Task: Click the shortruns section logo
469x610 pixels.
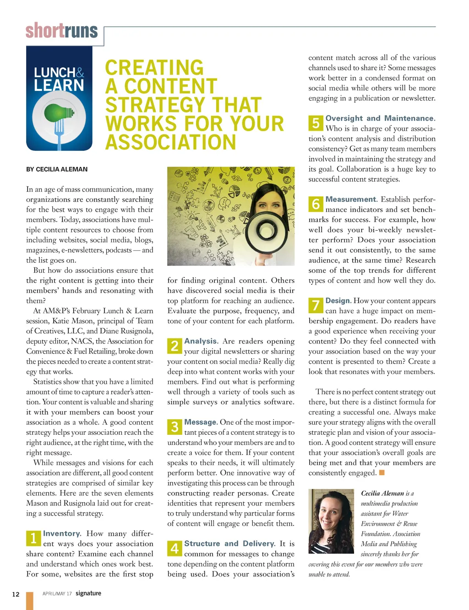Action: [62, 31]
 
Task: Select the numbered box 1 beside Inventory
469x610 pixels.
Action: [33, 538]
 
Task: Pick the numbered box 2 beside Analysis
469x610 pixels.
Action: [175, 345]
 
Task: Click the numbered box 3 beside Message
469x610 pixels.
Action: [175, 427]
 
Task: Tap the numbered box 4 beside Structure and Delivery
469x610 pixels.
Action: [175, 548]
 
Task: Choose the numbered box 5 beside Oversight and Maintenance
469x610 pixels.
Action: [316, 122]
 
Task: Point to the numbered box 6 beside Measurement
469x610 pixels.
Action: [316, 204]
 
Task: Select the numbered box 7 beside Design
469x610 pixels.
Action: [316, 305]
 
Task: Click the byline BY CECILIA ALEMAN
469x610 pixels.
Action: [57, 169]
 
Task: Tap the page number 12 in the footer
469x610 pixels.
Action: [16, 594]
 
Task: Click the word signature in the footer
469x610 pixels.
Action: [88, 593]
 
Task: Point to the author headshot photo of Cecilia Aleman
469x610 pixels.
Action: [331, 521]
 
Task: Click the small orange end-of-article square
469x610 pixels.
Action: [382, 472]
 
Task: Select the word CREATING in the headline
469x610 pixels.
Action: [154, 68]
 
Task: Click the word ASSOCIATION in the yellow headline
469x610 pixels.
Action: [171, 142]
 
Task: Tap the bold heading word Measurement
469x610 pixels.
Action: [351, 199]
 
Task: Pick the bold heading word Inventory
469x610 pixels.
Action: [62, 533]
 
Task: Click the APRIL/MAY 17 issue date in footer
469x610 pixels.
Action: [57, 593]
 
